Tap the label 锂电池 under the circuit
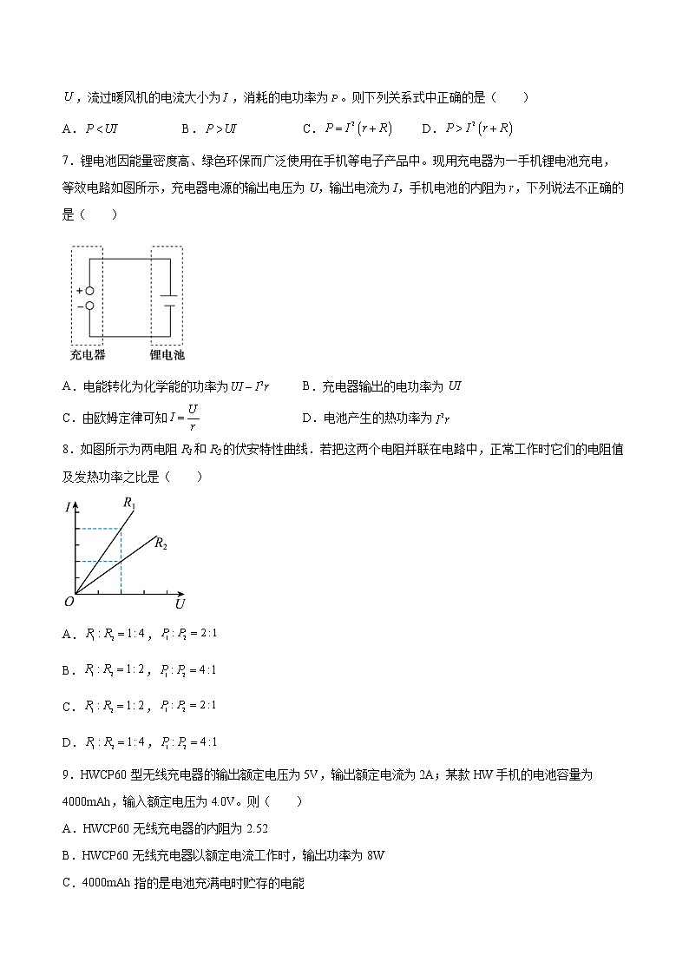pyautogui.click(x=167, y=355)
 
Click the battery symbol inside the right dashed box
pyautogui.click(x=169, y=299)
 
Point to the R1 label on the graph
pyautogui.click(x=129, y=502)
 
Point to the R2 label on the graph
pyautogui.click(x=161, y=544)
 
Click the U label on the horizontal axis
pyautogui.click(x=180, y=603)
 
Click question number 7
pyautogui.click(x=66, y=161)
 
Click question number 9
pyautogui.click(x=66, y=774)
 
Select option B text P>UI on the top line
pyautogui.click(x=221, y=128)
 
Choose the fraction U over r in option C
pyautogui.click(x=193, y=417)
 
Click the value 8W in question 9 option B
pyautogui.click(x=375, y=855)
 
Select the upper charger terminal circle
pyautogui.click(x=89, y=292)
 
